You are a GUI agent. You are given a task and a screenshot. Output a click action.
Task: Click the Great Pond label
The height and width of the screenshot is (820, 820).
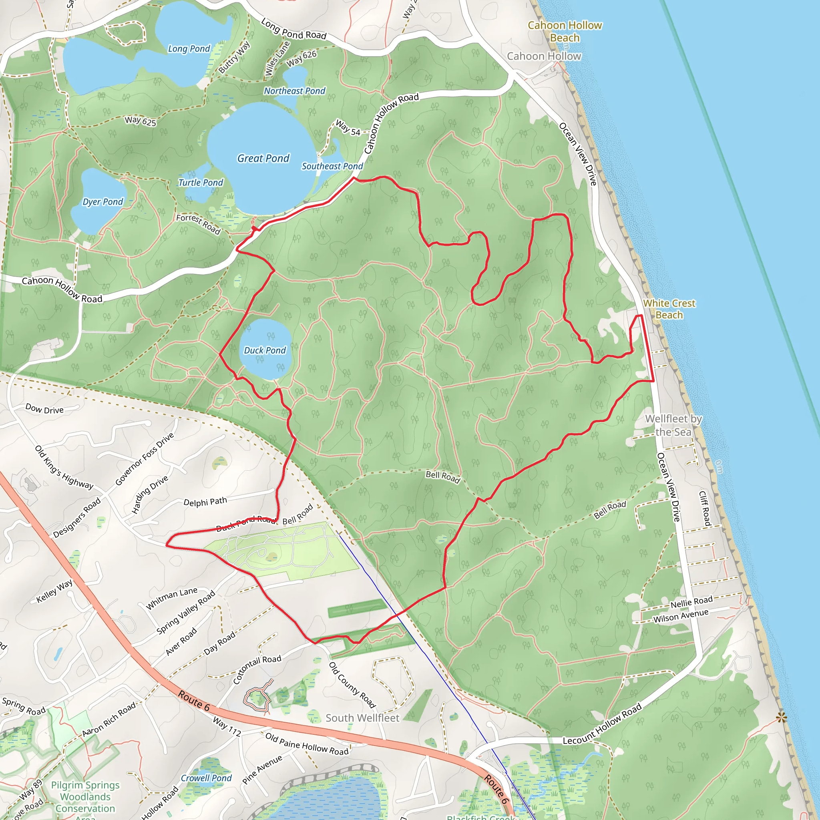click(x=263, y=158)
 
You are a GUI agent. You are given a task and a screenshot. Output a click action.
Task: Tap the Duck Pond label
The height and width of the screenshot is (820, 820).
click(x=265, y=350)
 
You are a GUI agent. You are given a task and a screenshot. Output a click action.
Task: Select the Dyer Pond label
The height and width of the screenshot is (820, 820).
click(x=103, y=202)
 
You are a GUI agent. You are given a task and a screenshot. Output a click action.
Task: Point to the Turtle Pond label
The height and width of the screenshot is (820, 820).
click(x=200, y=183)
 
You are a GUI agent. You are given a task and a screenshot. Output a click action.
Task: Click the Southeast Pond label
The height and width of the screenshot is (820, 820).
click(x=332, y=166)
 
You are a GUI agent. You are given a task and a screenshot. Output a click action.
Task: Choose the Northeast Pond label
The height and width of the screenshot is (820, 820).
click(x=295, y=91)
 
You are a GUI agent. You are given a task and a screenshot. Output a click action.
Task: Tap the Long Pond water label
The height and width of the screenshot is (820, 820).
click(x=189, y=49)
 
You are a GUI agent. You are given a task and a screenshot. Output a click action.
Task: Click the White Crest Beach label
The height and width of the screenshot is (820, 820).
click(x=669, y=309)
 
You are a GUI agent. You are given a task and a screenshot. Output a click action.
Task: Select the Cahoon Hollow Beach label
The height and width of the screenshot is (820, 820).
click(x=565, y=31)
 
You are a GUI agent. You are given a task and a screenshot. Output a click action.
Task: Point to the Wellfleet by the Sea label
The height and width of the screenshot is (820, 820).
click(x=673, y=425)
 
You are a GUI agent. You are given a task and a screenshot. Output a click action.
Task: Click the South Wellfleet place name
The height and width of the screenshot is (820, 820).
click(x=362, y=718)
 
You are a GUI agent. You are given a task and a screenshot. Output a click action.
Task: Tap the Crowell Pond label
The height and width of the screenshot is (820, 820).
click(x=206, y=778)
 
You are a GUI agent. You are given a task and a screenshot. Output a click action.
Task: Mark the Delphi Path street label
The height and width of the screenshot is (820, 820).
click(x=205, y=502)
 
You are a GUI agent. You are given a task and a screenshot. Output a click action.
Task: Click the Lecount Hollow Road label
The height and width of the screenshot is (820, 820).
click(x=602, y=724)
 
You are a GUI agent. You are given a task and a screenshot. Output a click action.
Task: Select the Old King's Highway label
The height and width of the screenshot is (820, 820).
click(x=64, y=467)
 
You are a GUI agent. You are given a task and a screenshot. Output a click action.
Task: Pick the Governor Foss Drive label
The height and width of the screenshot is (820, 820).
click(x=144, y=459)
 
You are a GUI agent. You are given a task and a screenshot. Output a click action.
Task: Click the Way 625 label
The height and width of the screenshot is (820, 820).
click(x=141, y=121)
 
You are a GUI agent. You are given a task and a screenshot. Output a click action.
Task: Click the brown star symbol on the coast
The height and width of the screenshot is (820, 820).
click(x=782, y=718)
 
